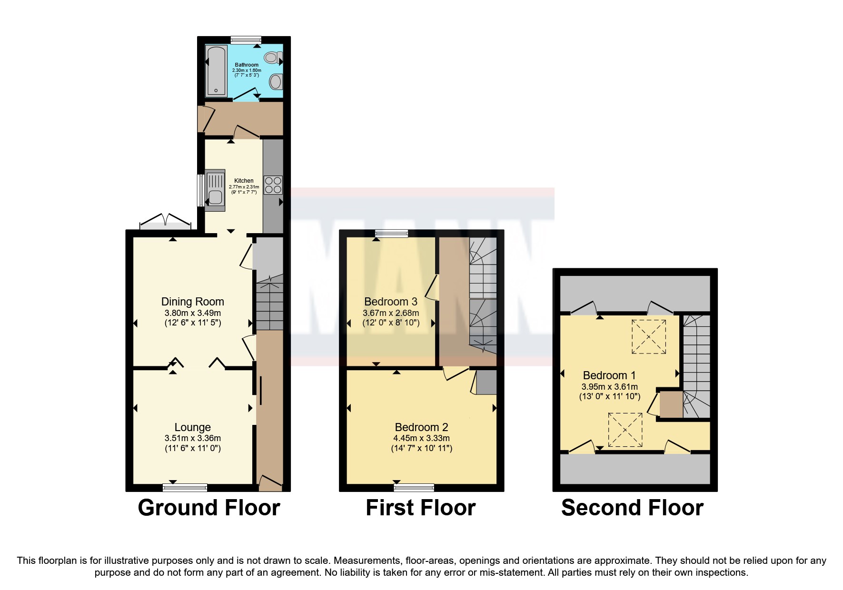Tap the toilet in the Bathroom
pyautogui.click(x=272, y=58)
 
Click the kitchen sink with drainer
pyautogui.click(x=215, y=190)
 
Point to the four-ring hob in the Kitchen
pyautogui.click(x=273, y=185)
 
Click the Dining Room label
pyautogui.click(x=192, y=302)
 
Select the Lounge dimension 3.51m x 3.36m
pyautogui.click(x=192, y=438)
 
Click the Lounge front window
pyautogui.click(x=185, y=487)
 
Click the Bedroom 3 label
pyautogui.click(x=390, y=302)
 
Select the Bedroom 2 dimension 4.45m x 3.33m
pyautogui.click(x=421, y=438)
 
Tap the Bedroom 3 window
pyautogui.click(x=391, y=233)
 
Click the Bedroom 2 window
pyautogui.click(x=414, y=487)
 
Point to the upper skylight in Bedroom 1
pyautogui.click(x=648, y=337)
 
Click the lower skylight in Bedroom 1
pyautogui.click(x=625, y=429)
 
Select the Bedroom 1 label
pyautogui.click(x=609, y=375)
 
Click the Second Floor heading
pyautogui.click(x=632, y=508)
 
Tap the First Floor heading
pyautogui.click(x=420, y=508)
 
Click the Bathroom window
pyautogui.click(x=246, y=40)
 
